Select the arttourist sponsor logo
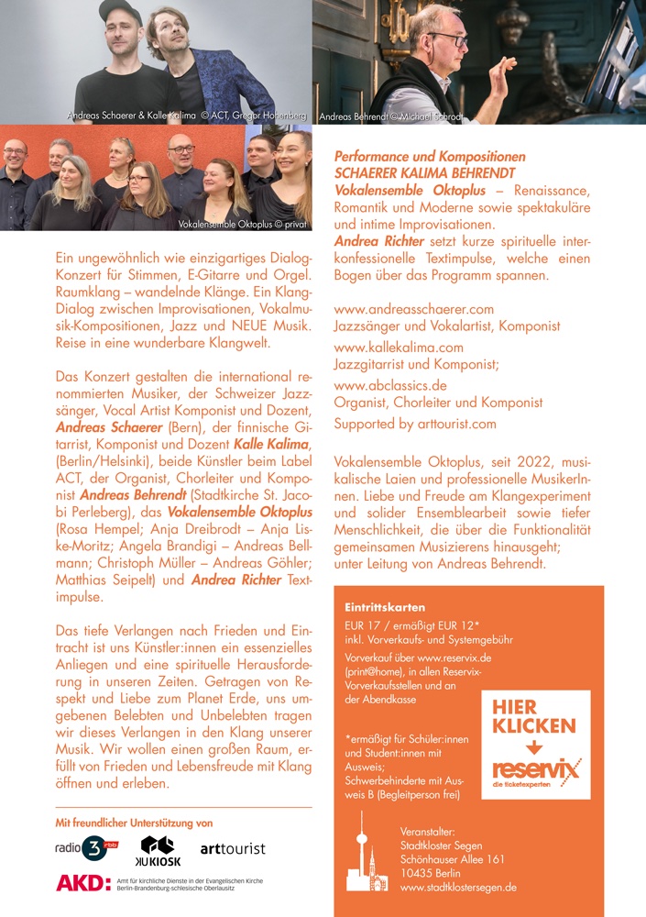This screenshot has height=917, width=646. click(233, 849)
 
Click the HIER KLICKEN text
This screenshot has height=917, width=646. click(534, 716)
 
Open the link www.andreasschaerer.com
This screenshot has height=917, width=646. click(413, 309)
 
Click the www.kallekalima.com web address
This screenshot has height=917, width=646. click(399, 348)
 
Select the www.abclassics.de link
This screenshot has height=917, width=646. click(390, 385)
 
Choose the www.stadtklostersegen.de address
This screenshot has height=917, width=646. click(458, 888)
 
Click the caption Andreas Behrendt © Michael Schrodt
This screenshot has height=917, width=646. click(391, 117)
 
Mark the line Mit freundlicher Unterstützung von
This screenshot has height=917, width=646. click(134, 823)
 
